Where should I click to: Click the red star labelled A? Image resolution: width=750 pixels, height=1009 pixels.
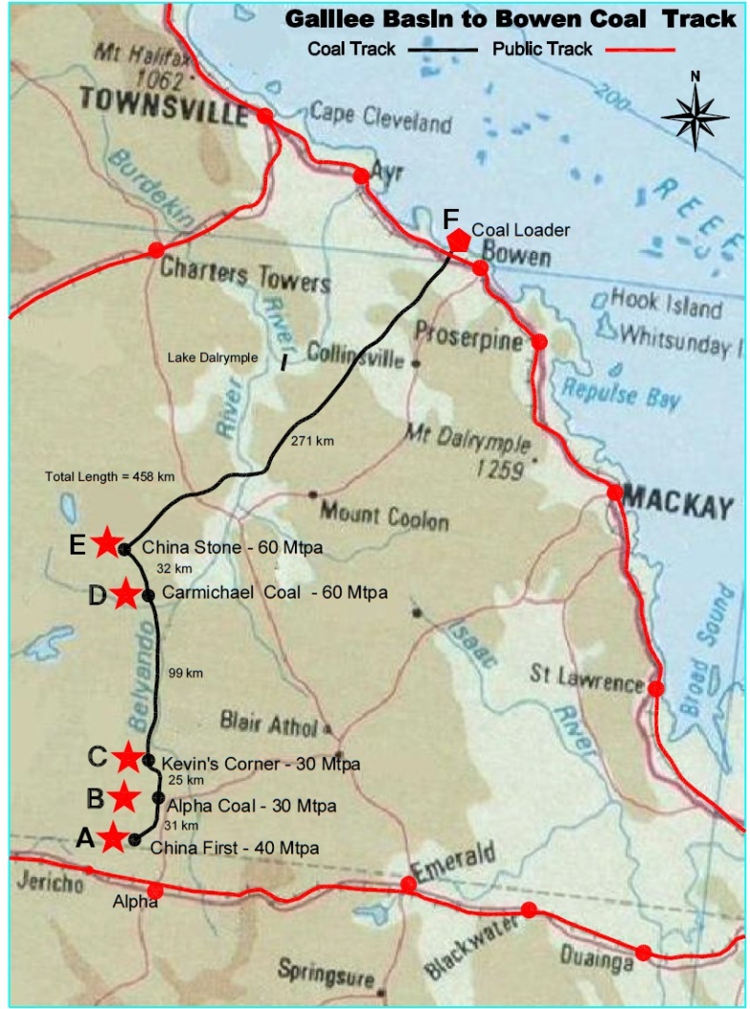114,837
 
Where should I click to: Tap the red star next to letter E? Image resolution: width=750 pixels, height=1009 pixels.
106,542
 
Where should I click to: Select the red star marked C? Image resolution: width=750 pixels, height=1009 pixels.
128,757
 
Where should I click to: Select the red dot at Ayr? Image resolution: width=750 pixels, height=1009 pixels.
361,176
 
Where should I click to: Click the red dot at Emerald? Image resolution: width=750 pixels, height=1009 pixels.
408,885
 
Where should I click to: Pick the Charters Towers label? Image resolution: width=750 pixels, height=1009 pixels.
245,275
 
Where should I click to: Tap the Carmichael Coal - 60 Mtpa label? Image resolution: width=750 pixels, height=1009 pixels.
275,592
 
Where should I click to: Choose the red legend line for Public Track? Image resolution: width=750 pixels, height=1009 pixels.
647,49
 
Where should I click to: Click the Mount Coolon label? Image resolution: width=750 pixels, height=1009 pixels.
384,515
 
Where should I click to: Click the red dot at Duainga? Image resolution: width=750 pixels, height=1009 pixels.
643,952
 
